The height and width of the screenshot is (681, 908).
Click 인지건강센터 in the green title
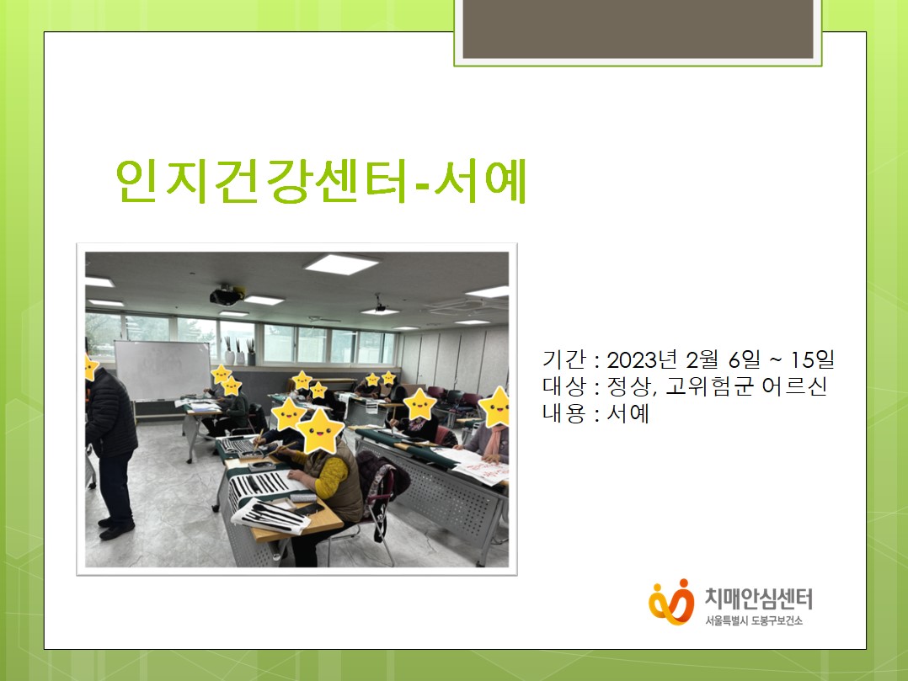pyautogui.click(x=261, y=180)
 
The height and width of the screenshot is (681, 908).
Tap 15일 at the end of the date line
pyautogui.click(x=813, y=360)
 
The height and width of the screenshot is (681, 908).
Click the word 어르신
pyautogui.click(x=794, y=386)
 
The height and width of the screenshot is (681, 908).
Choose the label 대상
pyautogui.click(x=564, y=386)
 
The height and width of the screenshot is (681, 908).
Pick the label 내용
pyautogui.click(x=564, y=413)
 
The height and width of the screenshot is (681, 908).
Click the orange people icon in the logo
pyautogui.click(x=671, y=602)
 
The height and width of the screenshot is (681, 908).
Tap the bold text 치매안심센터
pyautogui.click(x=759, y=599)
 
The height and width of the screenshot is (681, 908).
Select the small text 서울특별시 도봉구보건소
pyautogui.click(x=753, y=621)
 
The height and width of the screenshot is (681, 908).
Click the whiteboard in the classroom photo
pyautogui.click(x=163, y=371)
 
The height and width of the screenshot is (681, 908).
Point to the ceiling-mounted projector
pyautogui.click(x=227, y=295)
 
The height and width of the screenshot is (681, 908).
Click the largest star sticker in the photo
pyautogui.click(x=320, y=431)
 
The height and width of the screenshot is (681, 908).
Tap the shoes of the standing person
pyautogui.click(x=116, y=528)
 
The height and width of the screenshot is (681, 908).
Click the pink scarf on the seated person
pyautogui.click(x=493, y=442)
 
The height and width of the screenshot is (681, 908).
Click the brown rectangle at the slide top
pyautogui.click(x=638, y=29)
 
